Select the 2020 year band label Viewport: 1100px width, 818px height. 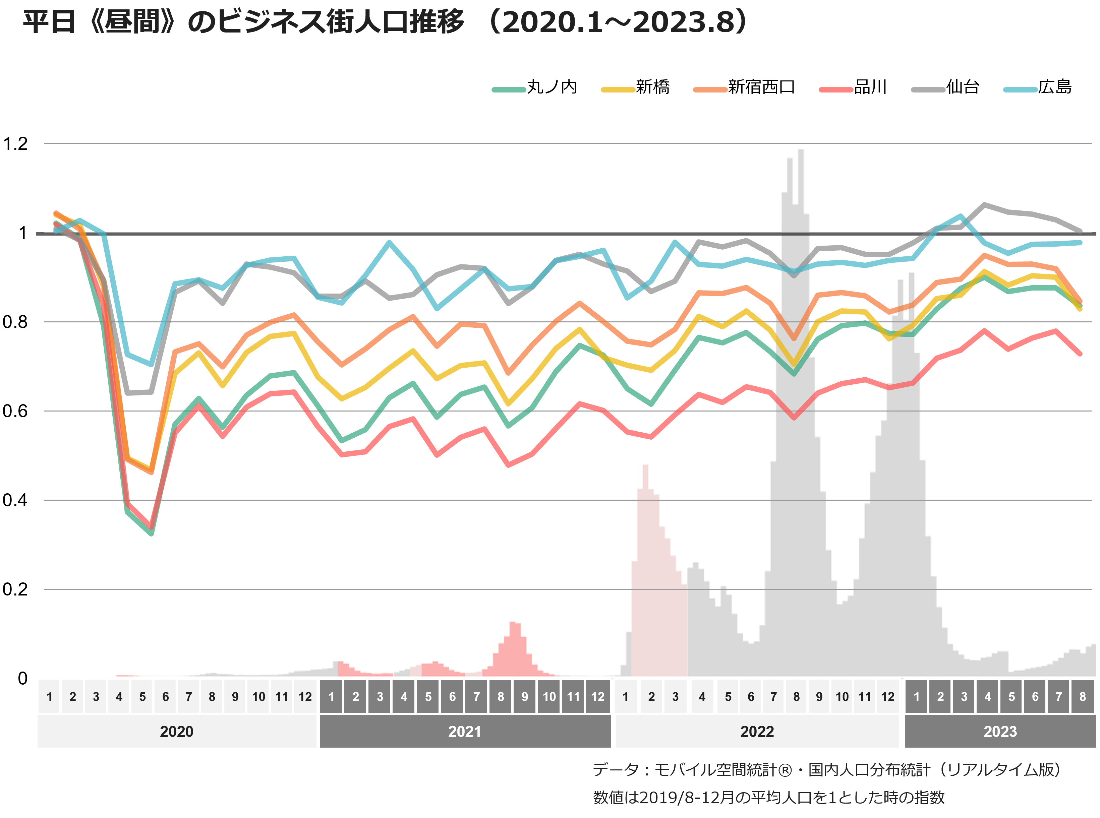pyautogui.click(x=176, y=731)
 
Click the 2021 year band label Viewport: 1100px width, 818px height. pyautogui.click(x=465, y=731)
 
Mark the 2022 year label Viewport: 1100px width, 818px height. pyautogui.click(x=757, y=731)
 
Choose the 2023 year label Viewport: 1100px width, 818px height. pyautogui.click(x=1000, y=731)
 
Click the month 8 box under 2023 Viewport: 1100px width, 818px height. pyautogui.click(x=1083, y=697)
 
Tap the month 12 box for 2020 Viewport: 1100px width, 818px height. pyautogui.click(x=305, y=697)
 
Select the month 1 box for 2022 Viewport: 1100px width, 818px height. pyautogui.click(x=626, y=697)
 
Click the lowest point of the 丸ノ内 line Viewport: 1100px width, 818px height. pyautogui.click(x=152, y=533)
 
